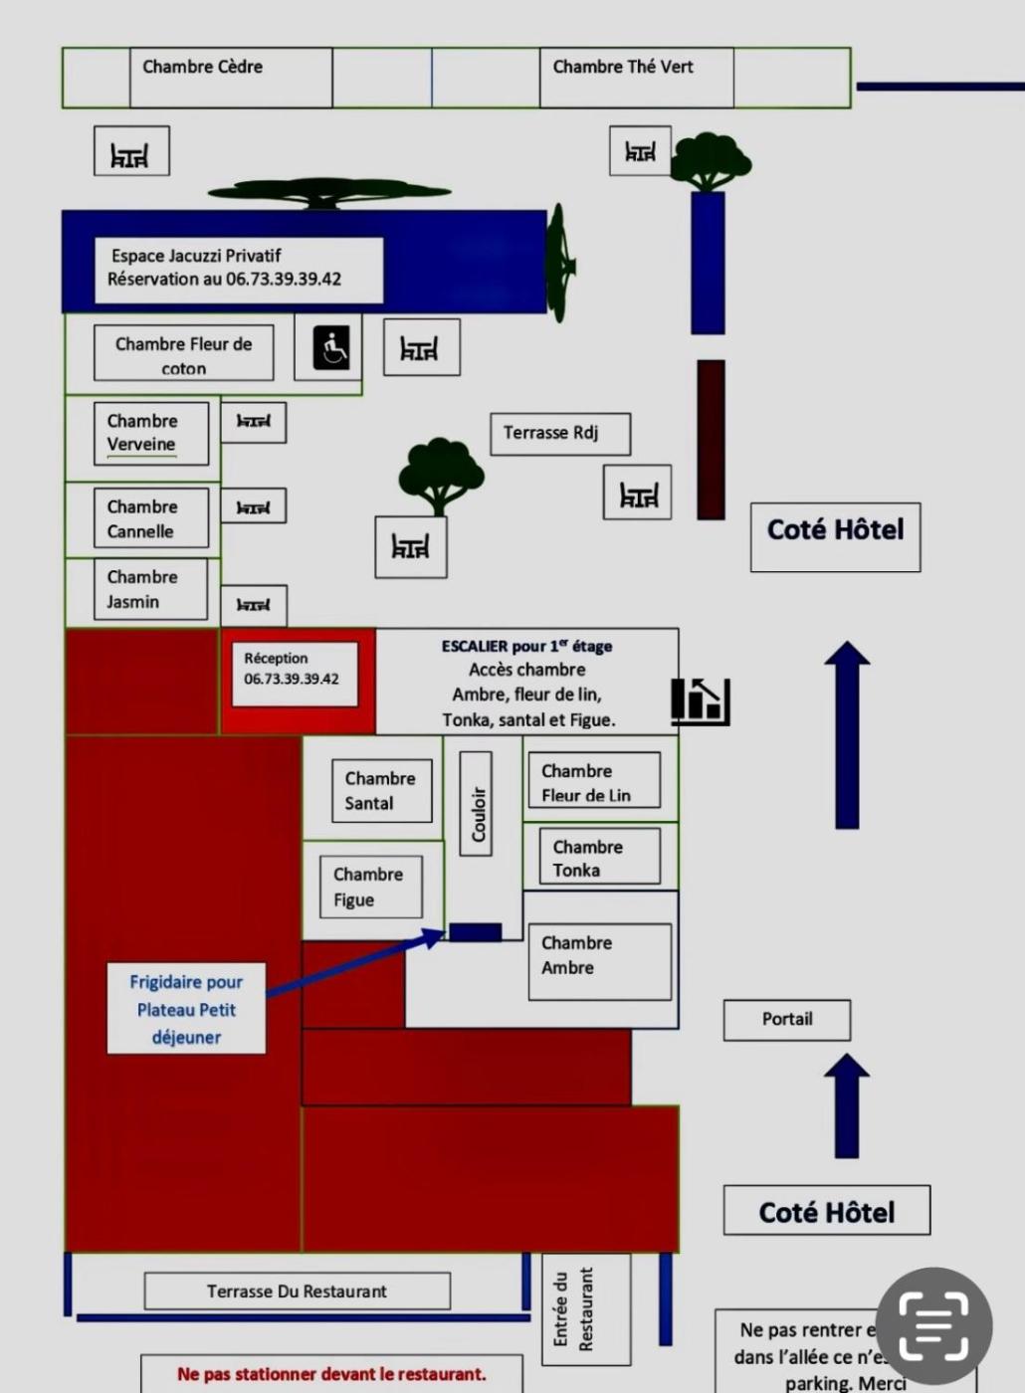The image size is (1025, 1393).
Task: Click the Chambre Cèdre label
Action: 203,68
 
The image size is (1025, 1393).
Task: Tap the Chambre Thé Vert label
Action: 623,68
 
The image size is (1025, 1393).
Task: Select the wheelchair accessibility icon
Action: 331,348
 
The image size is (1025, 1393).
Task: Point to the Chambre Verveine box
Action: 151,433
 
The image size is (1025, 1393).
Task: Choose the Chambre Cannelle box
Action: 151,518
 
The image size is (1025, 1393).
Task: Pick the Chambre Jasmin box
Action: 150,589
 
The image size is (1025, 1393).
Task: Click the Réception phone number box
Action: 293,674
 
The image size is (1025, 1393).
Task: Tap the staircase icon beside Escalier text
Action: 702,699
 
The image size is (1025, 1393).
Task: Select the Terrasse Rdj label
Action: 559,434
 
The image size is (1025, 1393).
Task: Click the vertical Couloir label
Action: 477,804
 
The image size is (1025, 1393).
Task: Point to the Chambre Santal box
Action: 381,791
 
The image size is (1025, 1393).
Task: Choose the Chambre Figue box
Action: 370,887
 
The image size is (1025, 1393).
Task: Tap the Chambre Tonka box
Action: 600,858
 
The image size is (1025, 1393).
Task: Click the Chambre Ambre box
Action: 599,960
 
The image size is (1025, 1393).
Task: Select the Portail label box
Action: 787,1020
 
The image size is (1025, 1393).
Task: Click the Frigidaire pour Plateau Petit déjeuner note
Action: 186,1008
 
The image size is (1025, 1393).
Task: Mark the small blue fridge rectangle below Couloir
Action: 475,932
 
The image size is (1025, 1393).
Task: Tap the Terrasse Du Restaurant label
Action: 297,1292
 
